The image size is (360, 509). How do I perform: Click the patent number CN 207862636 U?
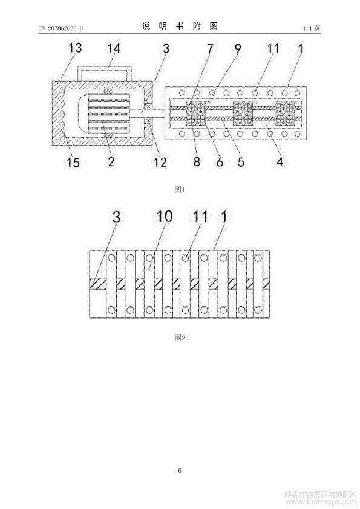[61, 28]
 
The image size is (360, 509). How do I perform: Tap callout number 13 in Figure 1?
[75, 48]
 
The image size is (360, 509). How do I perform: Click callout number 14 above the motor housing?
[114, 48]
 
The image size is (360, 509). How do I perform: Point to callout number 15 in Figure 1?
[73, 162]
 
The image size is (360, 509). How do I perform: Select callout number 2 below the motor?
[111, 161]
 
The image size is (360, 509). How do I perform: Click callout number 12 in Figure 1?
[160, 162]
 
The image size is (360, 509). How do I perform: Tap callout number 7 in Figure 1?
[210, 48]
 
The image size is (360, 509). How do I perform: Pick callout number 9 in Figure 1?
[238, 48]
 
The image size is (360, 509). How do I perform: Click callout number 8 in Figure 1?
[197, 161]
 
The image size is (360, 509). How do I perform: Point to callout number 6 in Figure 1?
[220, 162]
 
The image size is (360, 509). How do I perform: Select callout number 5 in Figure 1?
[241, 161]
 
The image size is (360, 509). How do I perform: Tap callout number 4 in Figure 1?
[280, 161]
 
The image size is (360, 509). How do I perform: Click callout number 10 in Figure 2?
[165, 216]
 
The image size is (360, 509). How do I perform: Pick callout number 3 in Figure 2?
[116, 217]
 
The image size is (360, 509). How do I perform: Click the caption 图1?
[179, 190]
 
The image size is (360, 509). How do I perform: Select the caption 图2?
[180, 337]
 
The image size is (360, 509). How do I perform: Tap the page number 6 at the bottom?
[180, 470]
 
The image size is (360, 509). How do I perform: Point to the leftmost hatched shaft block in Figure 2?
[97, 284]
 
